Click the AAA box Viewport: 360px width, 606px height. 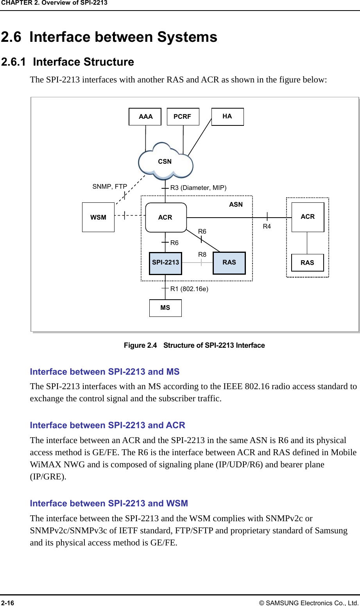[x=145, y=116]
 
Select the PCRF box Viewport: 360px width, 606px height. [x=183, y=116]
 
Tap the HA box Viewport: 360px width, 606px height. [x=227, y=116]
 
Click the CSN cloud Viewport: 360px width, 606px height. [x=165, y=161]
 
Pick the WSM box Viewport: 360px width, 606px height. [x=98, y=217]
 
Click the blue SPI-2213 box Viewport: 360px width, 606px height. [x=165, y=263]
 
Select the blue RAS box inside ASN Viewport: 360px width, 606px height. [x=229, y=263]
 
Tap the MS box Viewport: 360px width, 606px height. [x=165, y=308]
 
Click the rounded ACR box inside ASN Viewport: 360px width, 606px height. [x=166, y=217]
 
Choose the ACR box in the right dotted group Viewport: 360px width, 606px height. [x=308, y=217]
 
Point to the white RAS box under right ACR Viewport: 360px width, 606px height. [x=308, y=263]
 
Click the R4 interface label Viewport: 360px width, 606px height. [x=267, y=226]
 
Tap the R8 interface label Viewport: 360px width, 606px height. [x=202, y=254]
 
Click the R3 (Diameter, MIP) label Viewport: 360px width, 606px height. [x=198, y=188]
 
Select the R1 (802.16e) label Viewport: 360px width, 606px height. [x=189, y=289]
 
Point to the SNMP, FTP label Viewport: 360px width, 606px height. [x=110, y=186]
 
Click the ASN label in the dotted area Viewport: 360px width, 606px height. [x=236, y=204]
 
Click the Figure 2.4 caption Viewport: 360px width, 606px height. [x=194, y=345]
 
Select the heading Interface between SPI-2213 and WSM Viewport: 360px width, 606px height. [x=109, y=503]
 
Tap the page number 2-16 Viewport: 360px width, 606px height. [x=7, y=603]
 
